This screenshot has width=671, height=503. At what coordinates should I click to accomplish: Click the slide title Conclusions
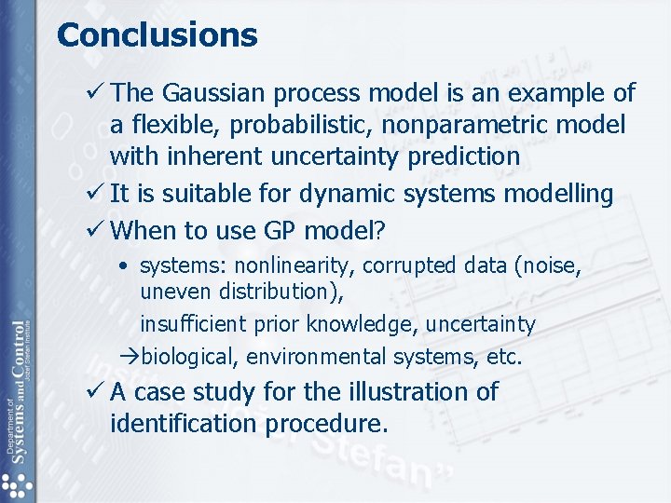(157, 35)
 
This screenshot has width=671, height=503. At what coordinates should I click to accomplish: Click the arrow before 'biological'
(131, 357)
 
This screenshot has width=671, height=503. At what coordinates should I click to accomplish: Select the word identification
(185, 424)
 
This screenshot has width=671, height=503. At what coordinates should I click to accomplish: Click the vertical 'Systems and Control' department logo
(16, 391)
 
